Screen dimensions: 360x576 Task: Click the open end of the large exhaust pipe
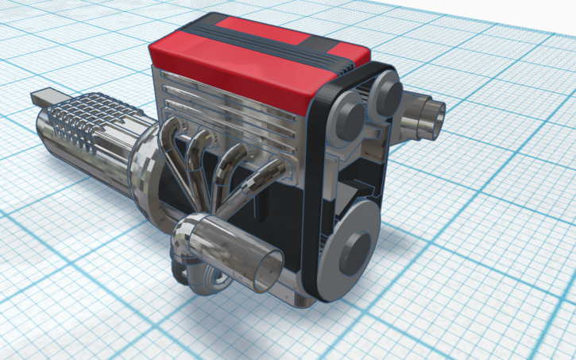269,271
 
